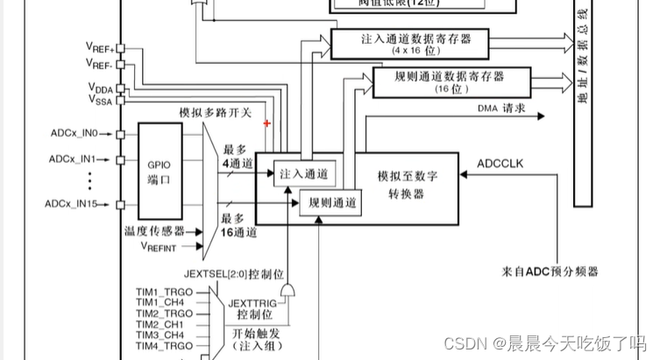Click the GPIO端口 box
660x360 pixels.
click(159, 171)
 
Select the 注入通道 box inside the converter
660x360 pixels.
click(303, 174)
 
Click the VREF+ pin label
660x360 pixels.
click(98, 46)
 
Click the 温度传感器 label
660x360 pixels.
click(155, 231)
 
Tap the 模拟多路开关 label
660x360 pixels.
click(216, 113)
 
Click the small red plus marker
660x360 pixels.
click(267, 124)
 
